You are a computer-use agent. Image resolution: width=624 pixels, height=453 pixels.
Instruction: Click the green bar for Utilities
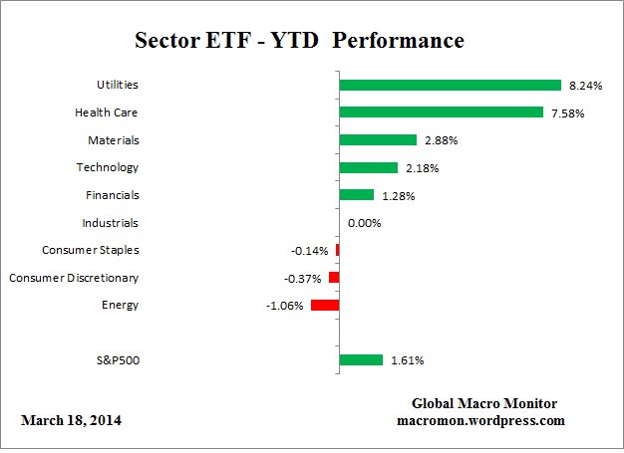[x=451, y=86]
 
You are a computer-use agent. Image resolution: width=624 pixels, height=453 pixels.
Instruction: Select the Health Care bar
[x=442, y=113]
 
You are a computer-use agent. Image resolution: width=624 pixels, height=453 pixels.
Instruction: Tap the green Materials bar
[x=378, y=140]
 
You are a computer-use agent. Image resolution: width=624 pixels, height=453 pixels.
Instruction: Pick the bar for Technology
[x=369, y=167]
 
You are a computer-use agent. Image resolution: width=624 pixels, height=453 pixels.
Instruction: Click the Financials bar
[x=357, y=195]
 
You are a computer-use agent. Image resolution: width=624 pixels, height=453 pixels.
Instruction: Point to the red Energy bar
[x=325, y=305]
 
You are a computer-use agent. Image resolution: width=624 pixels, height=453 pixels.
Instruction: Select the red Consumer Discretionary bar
[x=334, y=278]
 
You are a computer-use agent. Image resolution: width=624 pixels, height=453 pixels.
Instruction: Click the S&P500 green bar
[x=361, y=360]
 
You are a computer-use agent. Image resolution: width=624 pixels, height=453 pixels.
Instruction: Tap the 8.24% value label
[x=586, y=87]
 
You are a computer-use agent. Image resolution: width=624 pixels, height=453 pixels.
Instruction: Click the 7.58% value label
[x=567, y=113]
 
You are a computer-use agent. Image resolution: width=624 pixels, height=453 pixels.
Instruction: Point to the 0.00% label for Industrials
[x=364, y=223]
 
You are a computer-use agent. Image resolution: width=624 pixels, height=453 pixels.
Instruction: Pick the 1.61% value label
[x=407, y=360]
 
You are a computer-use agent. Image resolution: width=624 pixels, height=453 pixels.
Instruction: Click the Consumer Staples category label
[x=91, y=250]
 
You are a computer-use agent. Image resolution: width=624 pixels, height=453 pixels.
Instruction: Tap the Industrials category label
[x=111, y=223]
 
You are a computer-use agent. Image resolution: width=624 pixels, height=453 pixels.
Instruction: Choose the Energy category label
[x=120, y=305]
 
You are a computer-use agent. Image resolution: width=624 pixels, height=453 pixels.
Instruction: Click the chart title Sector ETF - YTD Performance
[x=299, y=41]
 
